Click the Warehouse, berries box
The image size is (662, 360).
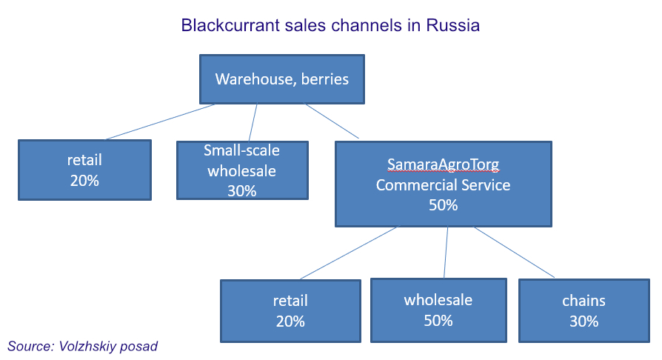pos(282,79)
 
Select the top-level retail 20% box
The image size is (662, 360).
pos(85,170)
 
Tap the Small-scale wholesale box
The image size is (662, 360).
pos(242,170)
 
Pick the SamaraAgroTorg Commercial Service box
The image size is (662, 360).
pos(444,184)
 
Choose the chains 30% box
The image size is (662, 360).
pos(584,310)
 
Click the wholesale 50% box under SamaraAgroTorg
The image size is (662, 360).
pos(438,310)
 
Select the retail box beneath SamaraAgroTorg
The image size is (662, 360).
pos(290,311)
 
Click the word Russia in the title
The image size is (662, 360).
pos(453,25)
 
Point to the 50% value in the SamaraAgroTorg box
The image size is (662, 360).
pos(444,205)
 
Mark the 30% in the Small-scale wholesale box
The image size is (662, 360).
pos(242,191)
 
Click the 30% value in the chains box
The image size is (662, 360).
pos(584,321)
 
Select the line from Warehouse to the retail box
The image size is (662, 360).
pos(160,121)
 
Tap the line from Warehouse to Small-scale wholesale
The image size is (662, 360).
pos(253,122)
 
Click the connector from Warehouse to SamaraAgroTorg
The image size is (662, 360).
pos(332,121)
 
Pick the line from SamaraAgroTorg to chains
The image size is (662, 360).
pos(514,253)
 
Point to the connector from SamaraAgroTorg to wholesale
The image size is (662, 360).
pos(446,253)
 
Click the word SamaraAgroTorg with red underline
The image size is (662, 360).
pos(444,164)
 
